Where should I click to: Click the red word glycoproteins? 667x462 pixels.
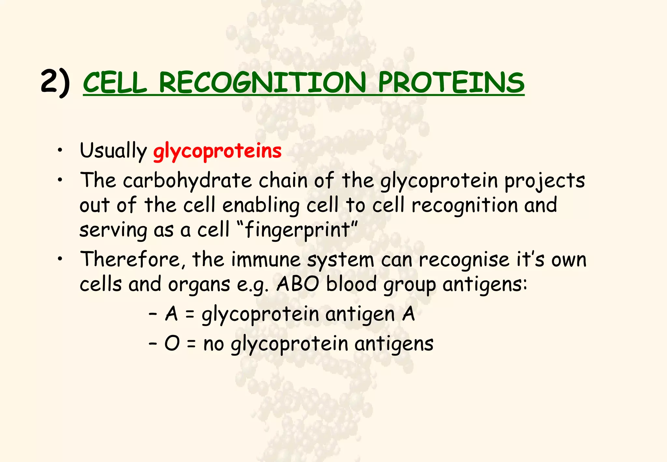coord(217,151)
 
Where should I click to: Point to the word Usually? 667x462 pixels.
coord(113,151)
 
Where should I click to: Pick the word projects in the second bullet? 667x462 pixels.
coord(545,181)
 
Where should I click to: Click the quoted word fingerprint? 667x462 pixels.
coord(297,230)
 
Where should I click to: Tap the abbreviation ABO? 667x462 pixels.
coord(298,284)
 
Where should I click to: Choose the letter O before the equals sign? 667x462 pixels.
coord(172,343)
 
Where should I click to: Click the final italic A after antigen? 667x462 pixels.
coord(408,314)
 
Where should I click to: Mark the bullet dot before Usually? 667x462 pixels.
coord(60,151)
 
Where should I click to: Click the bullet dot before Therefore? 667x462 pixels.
coord(60,259)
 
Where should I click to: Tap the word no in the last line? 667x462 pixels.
coord(213,344)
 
